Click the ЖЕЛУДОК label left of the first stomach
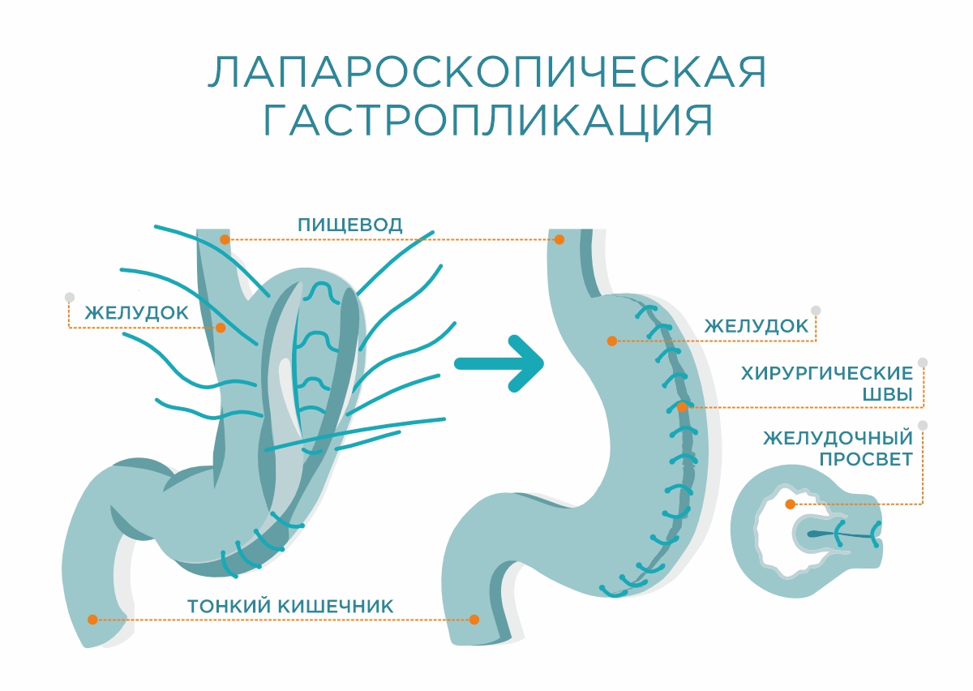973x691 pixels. click(x=137, y=312)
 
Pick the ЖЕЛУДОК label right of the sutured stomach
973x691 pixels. click(x=757, y=326)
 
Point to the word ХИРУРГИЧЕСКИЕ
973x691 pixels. click(x=827, y=374)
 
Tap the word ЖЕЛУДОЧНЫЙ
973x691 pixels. click(x=838, y=438)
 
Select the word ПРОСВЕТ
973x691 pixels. click(x=866, y=459)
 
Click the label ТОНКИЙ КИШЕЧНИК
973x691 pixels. click(x=290, y=606)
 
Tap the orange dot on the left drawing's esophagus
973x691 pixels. click(x=225, y=239)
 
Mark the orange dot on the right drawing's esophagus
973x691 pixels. click(x=559, y=239)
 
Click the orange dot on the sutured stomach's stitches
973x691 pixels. click(x=682, y=406)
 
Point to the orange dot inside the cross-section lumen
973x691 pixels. click(x=790, y=504)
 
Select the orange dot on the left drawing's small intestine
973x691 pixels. click(x=92, y=619)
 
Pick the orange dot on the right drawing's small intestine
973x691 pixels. click(x=474, y=619)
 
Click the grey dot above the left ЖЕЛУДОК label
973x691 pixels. click(x=70, y=297)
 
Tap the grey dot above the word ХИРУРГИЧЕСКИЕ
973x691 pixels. click(x=922, y=363)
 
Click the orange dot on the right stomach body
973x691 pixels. click(x=611, y=341)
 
